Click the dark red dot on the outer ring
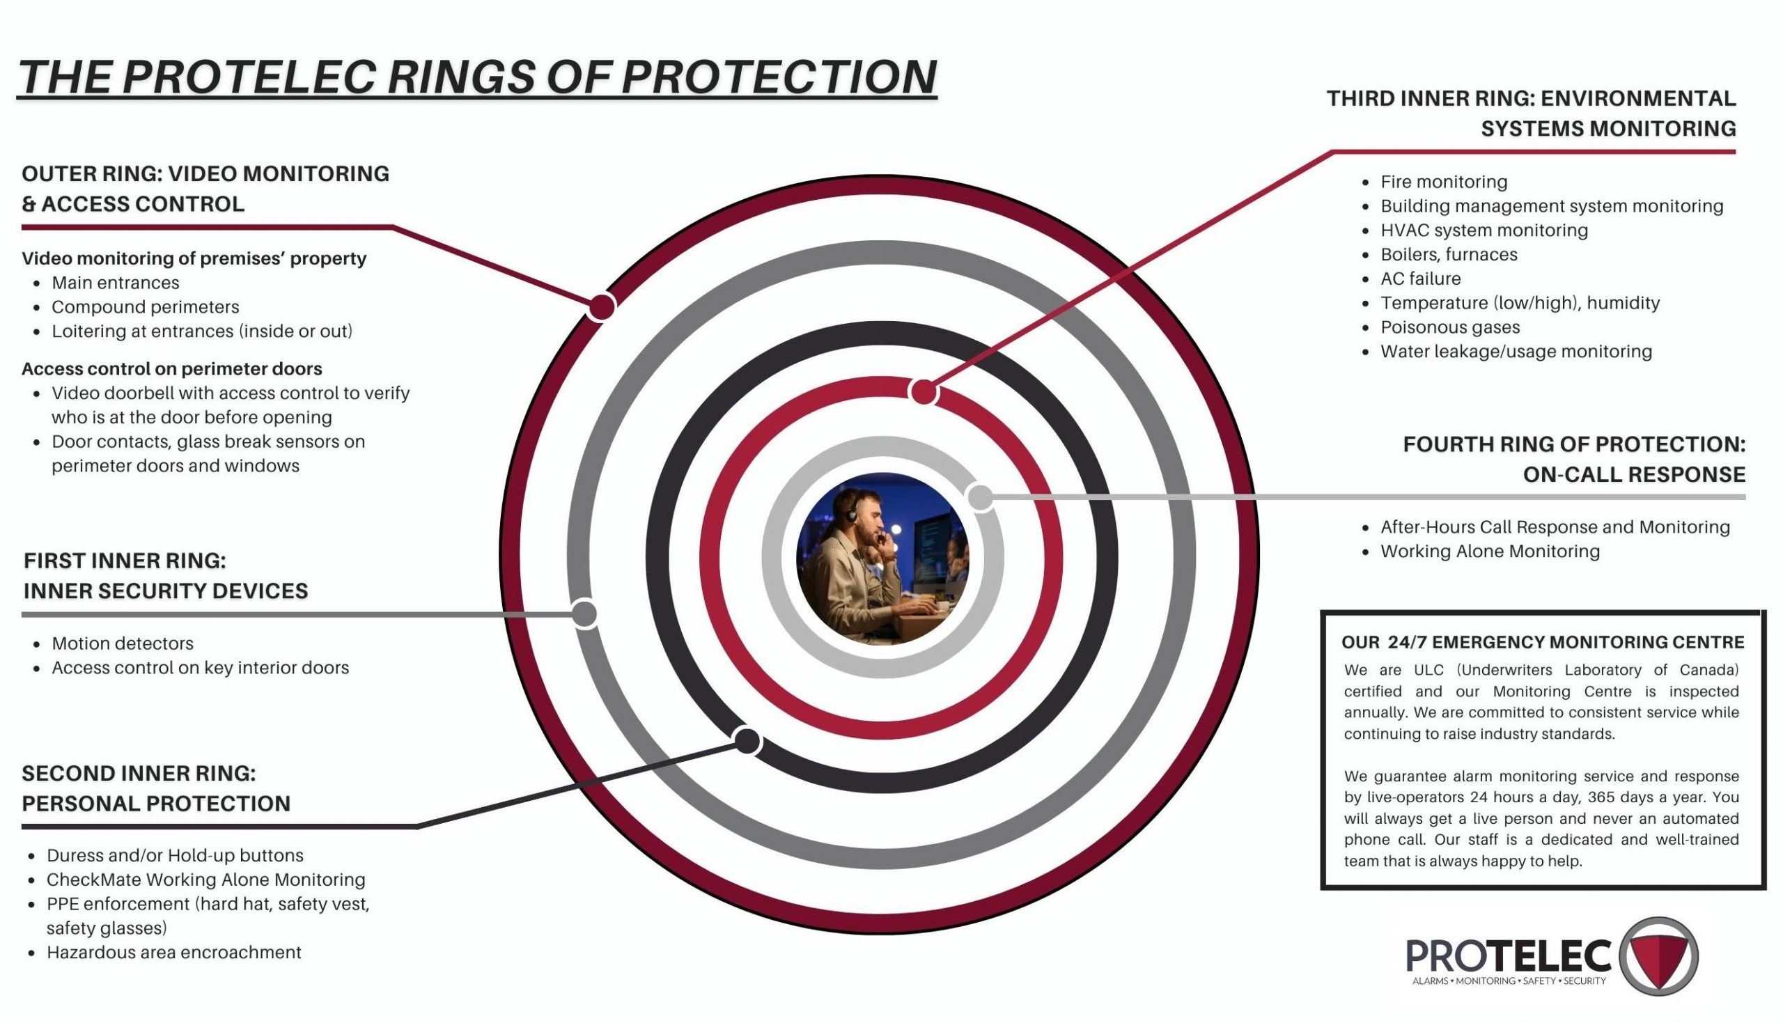click(601, 307)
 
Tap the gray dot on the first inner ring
click(584, 614)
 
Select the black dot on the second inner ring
click(747, 741)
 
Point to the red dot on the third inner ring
click(924, 391)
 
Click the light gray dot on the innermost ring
click(980, 497)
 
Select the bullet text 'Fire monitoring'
click(1444, 182)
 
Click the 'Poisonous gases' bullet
click(1450, 327)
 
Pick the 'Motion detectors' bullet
click(123, 643)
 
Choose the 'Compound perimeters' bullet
click(146, 307)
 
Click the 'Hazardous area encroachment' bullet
click(173, 953)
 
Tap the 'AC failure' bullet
click(1421, 279)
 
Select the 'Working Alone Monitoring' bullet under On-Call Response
click(1490, 552)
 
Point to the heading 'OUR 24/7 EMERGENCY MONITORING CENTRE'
click(1543, 642)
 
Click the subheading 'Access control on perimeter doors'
click(172, 369)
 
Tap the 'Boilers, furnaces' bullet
click(1449, 255)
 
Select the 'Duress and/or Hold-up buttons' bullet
click(175, 856)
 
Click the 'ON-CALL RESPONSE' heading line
click(1634, 475)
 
